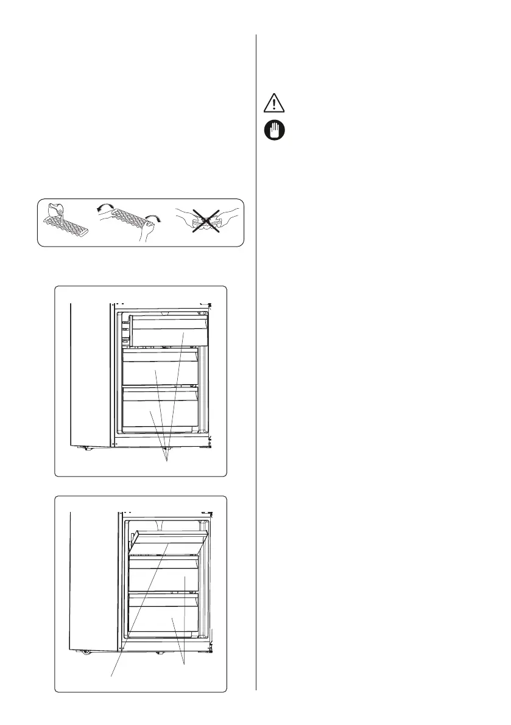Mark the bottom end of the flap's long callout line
[111, 675]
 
